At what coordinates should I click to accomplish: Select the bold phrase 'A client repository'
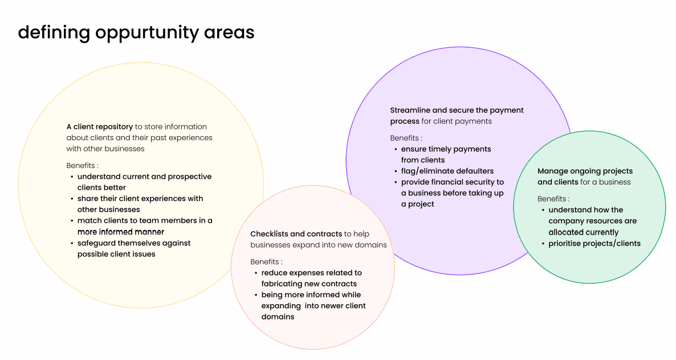click(100, 126)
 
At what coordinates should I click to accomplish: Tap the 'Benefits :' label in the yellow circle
click(82, 165)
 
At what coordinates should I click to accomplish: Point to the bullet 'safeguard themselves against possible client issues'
click(134, 248)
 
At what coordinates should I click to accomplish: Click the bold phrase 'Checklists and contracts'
click(296, 234)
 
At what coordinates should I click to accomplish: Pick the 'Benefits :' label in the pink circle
click(266, 261)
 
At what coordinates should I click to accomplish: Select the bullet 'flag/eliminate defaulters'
click(447, 171)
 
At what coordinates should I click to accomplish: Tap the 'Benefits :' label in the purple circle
click(406, 138)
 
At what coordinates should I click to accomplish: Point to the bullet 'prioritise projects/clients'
click(594, 244)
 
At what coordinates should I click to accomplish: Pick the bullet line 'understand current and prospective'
click(144, 177)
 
